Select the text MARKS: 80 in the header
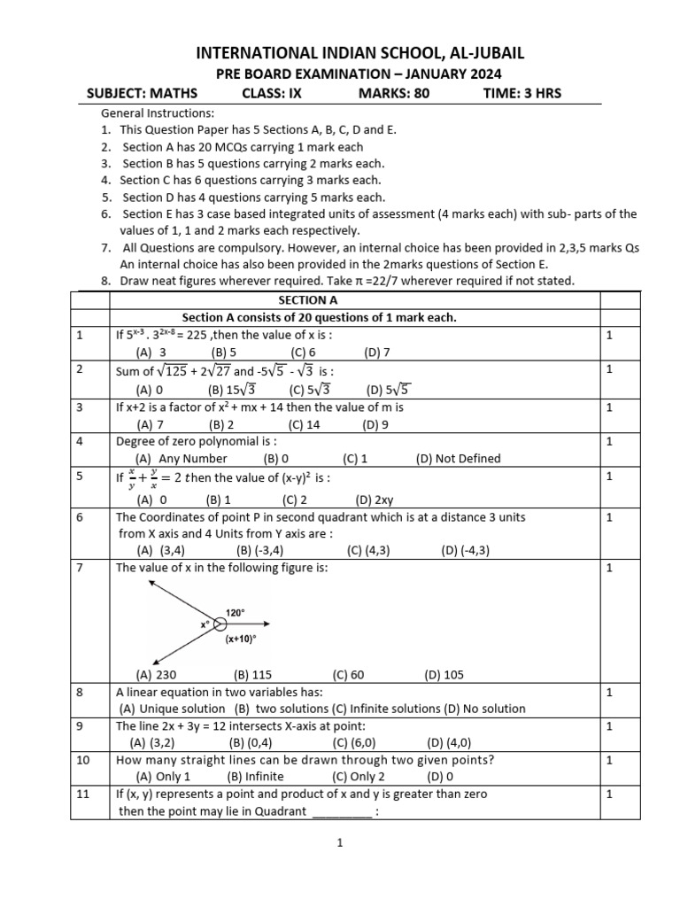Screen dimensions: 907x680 point(393,93)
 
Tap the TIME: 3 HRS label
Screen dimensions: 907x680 point(522,93)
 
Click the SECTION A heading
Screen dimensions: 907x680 point(303,300)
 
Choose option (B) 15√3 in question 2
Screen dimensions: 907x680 point(235,388)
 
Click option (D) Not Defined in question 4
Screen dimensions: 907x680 point(458,458)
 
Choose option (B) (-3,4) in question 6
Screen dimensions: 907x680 point(259,550)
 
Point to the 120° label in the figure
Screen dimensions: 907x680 point(236,612)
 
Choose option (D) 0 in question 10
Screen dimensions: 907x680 point(440,776)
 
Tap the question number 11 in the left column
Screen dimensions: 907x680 point(82,795)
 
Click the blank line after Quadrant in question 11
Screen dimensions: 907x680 point(343,811)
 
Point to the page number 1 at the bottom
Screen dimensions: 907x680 point(339,844)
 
